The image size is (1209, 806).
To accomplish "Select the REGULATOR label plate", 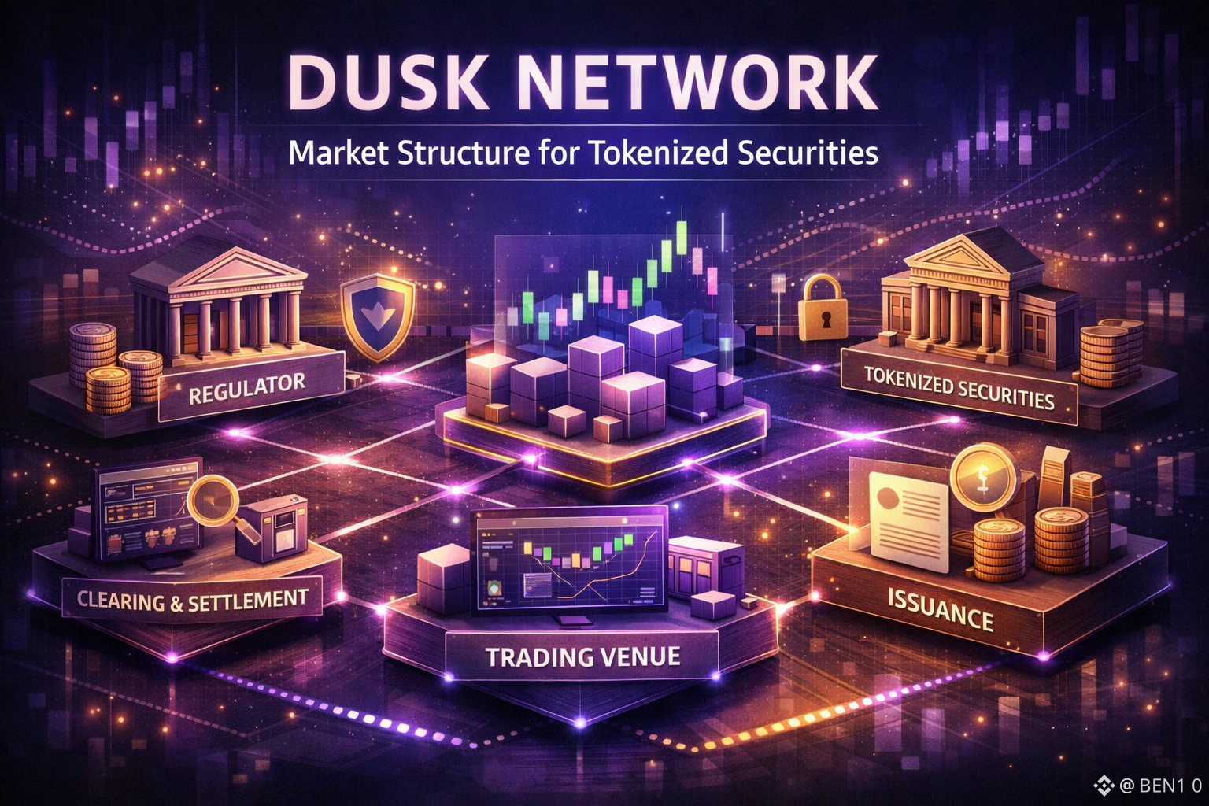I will [x=247, y=390].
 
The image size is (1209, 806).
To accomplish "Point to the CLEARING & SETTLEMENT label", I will [x=192, y=601].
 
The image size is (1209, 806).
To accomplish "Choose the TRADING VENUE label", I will [x=582, y=656].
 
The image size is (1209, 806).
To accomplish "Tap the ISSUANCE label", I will [x=940, y=608].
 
